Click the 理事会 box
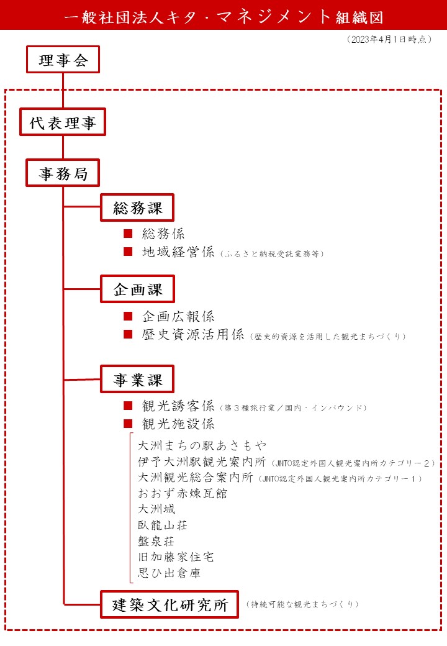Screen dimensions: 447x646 (x=63, y=60)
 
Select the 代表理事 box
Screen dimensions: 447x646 (x=63, y=122)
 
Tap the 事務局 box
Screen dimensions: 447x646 (x=63, y=173)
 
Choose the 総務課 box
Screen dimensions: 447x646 (x=137, y=207)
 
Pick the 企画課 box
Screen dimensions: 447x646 (x=137, y=289)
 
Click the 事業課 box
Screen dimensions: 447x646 (x=137, y=379)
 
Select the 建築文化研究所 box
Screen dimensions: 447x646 (x=169, y=604)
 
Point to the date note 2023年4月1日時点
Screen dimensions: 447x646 (x=389, y=39)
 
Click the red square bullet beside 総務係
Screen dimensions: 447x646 (x=128, y=234)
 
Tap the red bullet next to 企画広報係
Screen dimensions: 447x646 (x=128, y=316)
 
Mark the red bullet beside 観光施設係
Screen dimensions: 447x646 (x=128, y=424)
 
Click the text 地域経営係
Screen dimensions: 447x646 (x=178, y=252)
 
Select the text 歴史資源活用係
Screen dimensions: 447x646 (x=193, y=334)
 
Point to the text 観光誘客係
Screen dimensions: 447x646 (x=178, y=406)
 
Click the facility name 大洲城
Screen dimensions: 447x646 (x=156, y=509)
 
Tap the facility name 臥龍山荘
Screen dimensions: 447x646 (x=163, y=525)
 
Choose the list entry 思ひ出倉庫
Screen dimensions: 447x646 (x=169, y=573)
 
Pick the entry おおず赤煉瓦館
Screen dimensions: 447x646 (x=183, y=493)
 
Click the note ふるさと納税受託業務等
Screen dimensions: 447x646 (x=272, y=254)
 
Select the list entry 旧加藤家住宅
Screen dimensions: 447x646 (x=176, y=557)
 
